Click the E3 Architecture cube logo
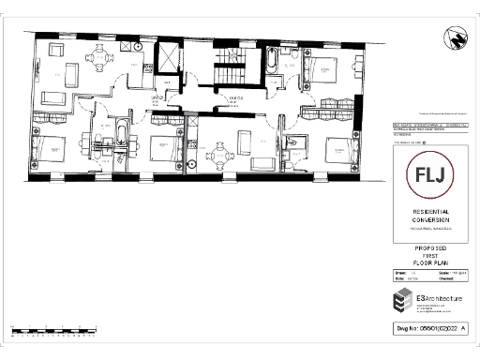(402, 303)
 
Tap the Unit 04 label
(235, 97)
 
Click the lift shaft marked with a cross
(167, 55)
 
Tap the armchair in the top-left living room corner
(55, 51)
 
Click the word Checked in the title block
(439, 278)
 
